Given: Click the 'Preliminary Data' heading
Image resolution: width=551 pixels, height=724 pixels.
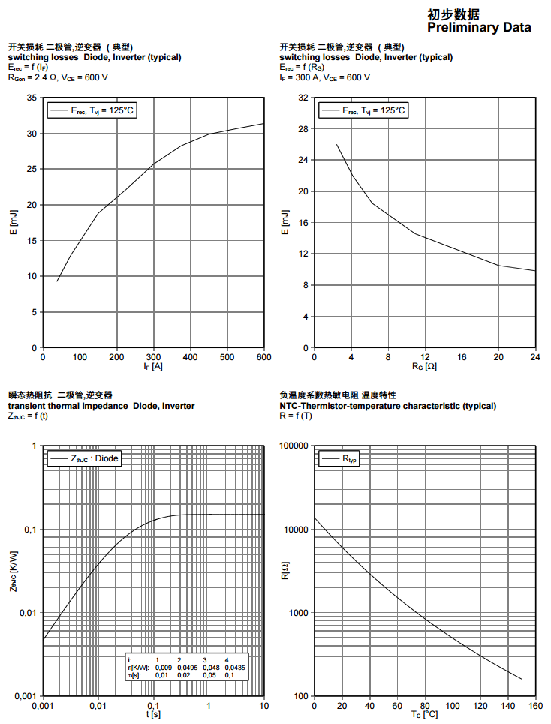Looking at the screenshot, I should coord(479,28).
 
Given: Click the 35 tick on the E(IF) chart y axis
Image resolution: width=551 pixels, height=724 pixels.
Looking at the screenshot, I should coord(32,98).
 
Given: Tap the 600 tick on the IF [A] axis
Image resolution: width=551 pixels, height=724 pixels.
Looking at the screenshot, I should coord(263,357).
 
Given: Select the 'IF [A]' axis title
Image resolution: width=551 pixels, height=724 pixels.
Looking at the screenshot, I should coord(152,367).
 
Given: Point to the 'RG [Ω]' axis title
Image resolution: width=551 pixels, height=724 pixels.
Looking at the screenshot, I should coord(423,367).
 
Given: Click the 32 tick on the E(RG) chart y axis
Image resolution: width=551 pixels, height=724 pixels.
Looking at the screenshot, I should coord(303,98).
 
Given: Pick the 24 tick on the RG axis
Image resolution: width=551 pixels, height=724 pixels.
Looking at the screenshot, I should coord(535,357).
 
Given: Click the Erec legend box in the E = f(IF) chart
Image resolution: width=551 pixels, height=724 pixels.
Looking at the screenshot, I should coord(92,110).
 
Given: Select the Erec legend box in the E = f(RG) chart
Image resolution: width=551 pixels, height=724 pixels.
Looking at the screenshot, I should coord(363,110).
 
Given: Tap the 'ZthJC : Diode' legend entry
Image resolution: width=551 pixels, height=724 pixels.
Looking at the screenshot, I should coord(83,458).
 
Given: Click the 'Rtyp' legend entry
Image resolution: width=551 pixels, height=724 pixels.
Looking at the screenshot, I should coord(340,458).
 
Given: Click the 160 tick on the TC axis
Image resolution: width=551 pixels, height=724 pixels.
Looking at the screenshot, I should coord(535,706).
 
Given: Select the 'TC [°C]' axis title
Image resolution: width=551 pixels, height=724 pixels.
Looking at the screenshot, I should coord(424,715).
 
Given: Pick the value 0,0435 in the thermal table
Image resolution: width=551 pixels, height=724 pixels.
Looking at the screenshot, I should coord(234,667).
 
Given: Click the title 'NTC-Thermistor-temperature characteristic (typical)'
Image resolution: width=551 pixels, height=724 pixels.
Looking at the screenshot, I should coord(387,406).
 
